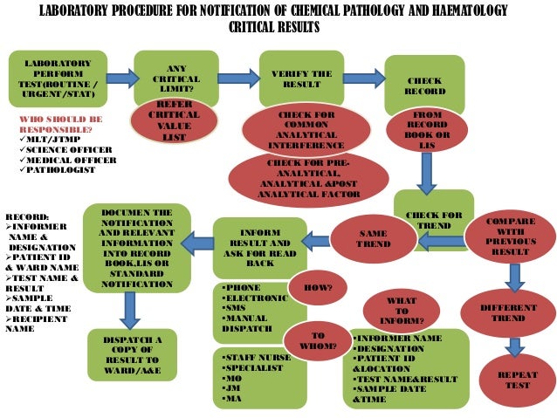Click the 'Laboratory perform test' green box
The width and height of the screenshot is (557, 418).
click(x=57, y=79)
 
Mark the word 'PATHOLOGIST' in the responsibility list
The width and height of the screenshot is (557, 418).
click(x=62, y=170)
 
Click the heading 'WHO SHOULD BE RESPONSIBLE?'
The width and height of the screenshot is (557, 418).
click(x=61, y=123)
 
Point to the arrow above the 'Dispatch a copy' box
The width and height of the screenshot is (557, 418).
click(x=130, y=309)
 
